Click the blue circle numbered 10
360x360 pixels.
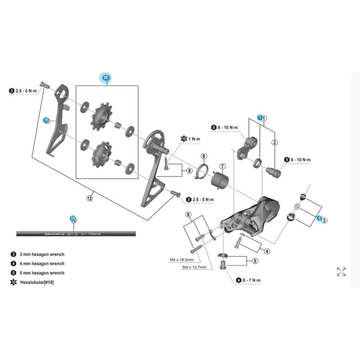pyautogui.click(x=106, y=77)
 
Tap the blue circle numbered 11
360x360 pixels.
pyautogui.click(x=46, y=120)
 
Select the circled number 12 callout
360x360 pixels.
pyautogui.click(x=89, y=198)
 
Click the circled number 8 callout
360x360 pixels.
pyautogui.click(x=203, y=157)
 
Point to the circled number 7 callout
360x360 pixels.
pyautogui.click(x=223, y=166)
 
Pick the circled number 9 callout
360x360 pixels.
pyautogui.click(x=189, y=171)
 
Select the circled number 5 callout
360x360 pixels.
pyautogui.click(x=255, y=260)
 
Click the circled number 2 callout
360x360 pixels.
pyautogui.click(x=274, y=142)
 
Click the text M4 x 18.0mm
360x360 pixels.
pyautogui.click(x=182, y=260)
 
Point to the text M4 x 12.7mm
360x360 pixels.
pyautogui.click(x=194, y=267)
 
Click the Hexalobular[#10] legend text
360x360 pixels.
pyautogui.click(x=40, y=282)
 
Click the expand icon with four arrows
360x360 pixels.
pyautogui.click(x=341, y=271)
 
